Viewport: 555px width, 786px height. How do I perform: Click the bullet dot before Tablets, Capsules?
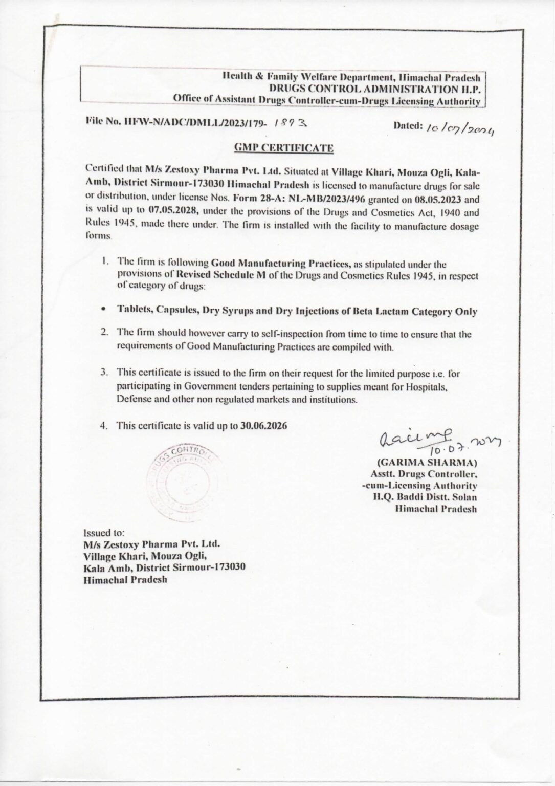[x=104, y=310]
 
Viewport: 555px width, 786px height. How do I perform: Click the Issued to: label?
[x=101, y=532]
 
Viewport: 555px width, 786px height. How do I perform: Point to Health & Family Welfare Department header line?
[x=351, y=78]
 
